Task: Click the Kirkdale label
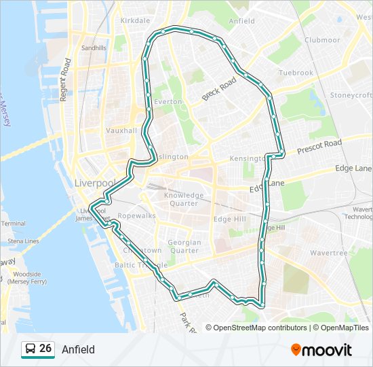pyautogui.click(x=134, y=21)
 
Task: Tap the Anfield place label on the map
pyautogui.click(x=241, y=21)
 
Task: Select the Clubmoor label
pyautogui.click(x=321, y=39)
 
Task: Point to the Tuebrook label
pyautogui.click(x=296, y=73)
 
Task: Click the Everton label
pyautogui.click(x=168, y=101)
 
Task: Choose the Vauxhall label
pyautogui.click(x=121, y=130)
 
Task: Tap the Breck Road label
pyautogui.click(x=218, y=89)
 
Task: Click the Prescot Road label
pyautogui.click(x=319, y=145)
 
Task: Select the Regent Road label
pyautogui.click(x=66, y=80)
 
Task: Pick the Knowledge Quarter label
pyautogui.click(x=184, y=199)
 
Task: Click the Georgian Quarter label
pyautogui.click(x=184, y=246)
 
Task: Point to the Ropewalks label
pyautogui.click(x=136, y=215)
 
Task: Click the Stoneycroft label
pyautogui.click(x=351, y=95)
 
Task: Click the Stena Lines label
pyautogui.click(x=23, y=241)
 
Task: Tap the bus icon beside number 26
pyautogui.click(x=31, y=349)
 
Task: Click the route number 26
pyautogui.click(x=45, y=349)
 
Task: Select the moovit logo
pyautogui.click(x=321, y=350)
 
